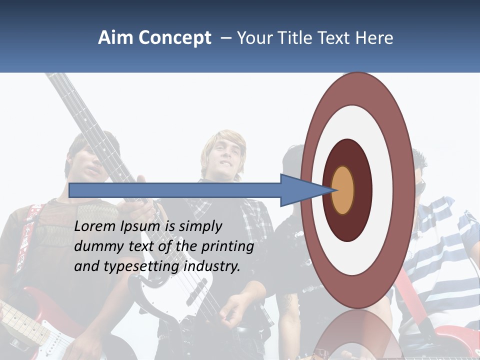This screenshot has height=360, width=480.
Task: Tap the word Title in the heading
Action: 296,38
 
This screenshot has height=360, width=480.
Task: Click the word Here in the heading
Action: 374,38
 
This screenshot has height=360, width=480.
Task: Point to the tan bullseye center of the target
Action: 342,190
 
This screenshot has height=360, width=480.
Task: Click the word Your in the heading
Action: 254,38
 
